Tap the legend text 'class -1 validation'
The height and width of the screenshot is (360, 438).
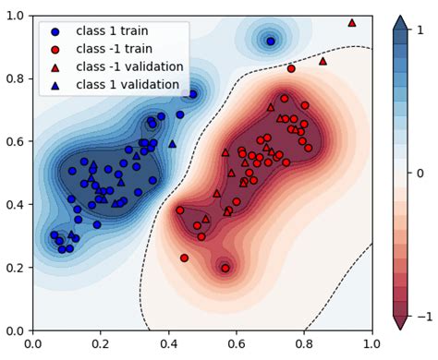pyautogui.click(x=129, y=66)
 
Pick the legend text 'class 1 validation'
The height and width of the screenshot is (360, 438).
pyautogui.click(x=128, y=84)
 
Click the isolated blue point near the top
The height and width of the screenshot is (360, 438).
pyautogui.click(x=271, y=42)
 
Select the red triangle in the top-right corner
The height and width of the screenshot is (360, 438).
pyautogui.click(x=352, y=22)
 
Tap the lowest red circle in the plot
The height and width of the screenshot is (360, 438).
pyautogui.click(x=225, y=268)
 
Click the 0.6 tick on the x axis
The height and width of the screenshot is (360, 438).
pyautogui.click(x=237, y=343)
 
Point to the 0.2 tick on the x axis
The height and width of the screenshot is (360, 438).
pyautogui.click(x=102, y=343)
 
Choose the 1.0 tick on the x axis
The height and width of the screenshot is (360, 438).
pyautogui.click(x=371, y=343)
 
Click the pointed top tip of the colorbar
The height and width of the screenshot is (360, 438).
pyautogui.click(x=399, y=17)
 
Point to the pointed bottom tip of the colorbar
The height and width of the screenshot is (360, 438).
pyautogui.click(x=399, y=330)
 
